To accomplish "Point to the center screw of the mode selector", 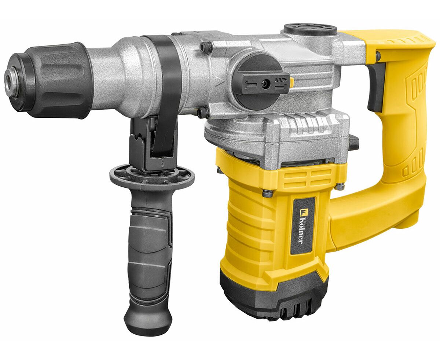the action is [x=265, y=85].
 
